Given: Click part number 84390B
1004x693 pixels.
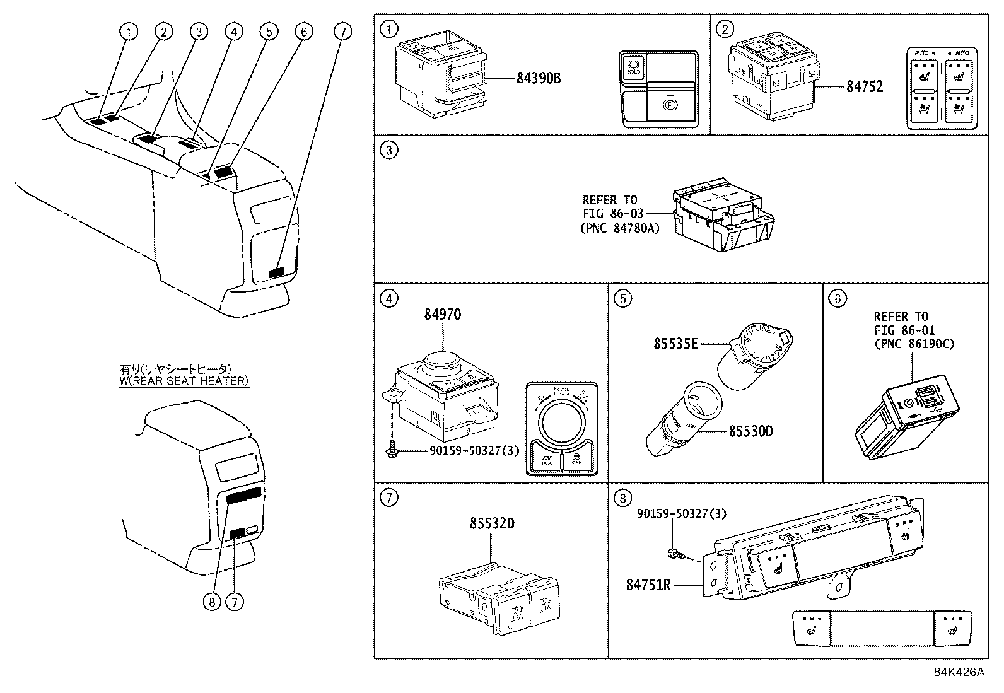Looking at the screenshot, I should pos(538,79).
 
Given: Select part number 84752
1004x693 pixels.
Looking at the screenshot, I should pos(864,87).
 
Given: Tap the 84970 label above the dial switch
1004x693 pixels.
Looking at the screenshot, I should pos(442,314).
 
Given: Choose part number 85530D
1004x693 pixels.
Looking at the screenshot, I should pos(750,431).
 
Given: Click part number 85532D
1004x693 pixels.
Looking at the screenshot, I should pos(491,523).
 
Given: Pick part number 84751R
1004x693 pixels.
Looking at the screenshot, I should pos(648,585).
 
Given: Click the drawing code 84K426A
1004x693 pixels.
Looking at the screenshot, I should pos(959,672).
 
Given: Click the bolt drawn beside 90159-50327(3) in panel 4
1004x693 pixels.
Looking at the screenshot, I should pos(391,450).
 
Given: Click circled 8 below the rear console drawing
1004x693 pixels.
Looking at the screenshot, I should pos(212,602).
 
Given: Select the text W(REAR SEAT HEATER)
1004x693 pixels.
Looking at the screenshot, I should pos(184,381).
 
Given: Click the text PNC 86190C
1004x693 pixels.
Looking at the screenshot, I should pos(914,344).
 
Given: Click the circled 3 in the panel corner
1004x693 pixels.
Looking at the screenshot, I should pos(389,150).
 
